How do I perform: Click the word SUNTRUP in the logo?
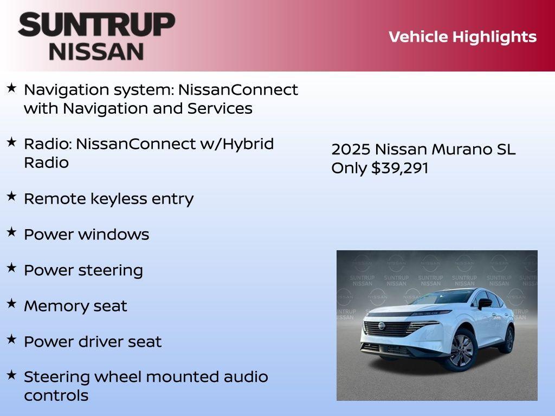pos(96,24)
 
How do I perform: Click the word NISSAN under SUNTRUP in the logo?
pos(96,51)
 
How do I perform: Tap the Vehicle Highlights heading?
pos(462,37)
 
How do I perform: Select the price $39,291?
pos(400,168)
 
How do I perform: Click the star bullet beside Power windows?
pos(11,232)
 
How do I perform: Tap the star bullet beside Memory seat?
pos(11,304)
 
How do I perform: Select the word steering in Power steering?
pos(113,270)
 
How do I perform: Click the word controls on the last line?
pos(56,395)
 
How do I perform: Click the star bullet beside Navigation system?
pos(11,87)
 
